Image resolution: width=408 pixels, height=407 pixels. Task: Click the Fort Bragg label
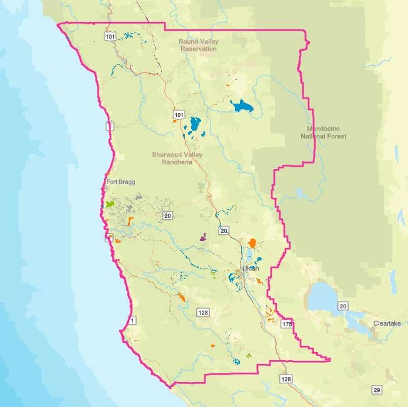[x=121, y=182]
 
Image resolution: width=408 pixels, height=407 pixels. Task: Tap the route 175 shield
[x=287, y=325]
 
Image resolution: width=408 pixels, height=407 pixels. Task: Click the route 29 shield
[x=376, y=390]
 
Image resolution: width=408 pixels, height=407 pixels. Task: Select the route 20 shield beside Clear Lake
[x=343, y=306]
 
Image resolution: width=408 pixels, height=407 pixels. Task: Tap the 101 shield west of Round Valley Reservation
[x=110, y=37]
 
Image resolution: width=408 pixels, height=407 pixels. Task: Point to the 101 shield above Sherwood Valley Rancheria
[x=179, y=115]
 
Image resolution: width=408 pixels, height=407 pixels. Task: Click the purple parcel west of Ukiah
[x=203, y=237]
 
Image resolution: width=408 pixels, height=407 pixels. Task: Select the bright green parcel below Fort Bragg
[x=110, y=204]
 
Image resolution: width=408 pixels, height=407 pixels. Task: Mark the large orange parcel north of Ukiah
[x=252, y=243]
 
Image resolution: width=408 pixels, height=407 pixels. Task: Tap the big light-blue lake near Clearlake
[x=324, y=293]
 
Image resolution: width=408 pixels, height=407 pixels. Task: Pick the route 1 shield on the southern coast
[x=132, y=320]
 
